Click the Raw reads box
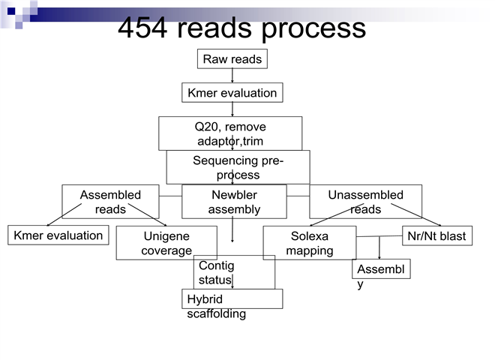click(232, 59)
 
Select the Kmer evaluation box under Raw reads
click(232, 93)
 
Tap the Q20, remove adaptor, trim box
click(230, 133)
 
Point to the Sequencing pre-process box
click(238, 167)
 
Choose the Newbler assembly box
click(234, 202)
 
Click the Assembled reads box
click(110, 202)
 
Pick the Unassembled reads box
click(365, 202)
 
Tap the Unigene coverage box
click(166, 243)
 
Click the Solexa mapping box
click(309, 243)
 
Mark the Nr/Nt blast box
click(436, 236)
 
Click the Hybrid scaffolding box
click(232, 299)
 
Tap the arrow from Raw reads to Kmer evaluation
click(232, 76)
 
